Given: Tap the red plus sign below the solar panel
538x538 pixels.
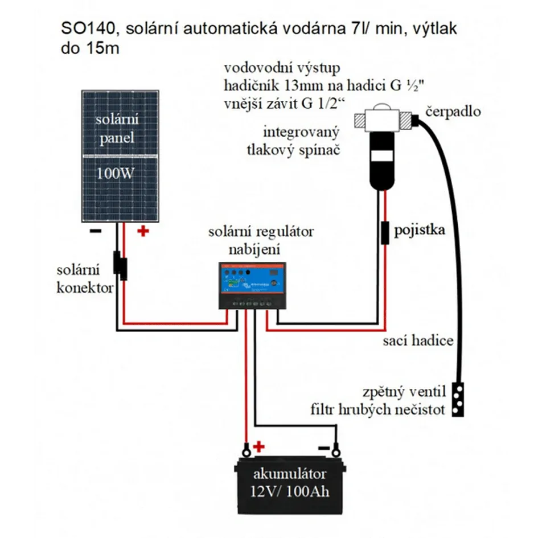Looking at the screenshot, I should click(x=142, y=231).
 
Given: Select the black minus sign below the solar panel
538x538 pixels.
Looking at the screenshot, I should click(x=95, y=231).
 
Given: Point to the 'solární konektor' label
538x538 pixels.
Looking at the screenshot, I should click(x=85, y=278).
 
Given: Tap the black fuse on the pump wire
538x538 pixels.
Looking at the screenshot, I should click(x=385, y=232).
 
